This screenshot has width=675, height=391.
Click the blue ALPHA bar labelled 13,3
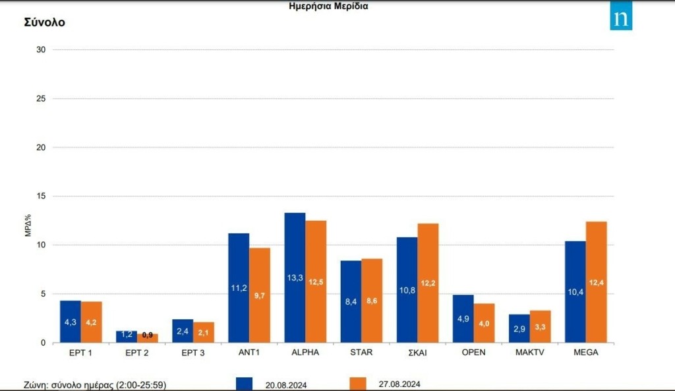click(295, 277)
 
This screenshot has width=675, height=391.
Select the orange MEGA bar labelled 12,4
click(596, 282)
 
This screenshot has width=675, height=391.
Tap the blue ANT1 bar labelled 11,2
click(239, 287)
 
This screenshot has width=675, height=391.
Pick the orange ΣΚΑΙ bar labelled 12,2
click(428, 283)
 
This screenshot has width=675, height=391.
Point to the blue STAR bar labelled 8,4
click(351, 301)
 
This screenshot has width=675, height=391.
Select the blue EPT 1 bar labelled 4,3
click(71, 321)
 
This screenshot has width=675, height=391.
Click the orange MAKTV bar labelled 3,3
click(540, 326)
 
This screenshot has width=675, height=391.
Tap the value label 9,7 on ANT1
click(260, 296)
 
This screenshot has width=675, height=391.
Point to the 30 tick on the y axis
click(41, 50)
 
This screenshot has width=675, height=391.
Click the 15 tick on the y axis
click(41, 196)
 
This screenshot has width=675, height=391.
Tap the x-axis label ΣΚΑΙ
click(417, 353)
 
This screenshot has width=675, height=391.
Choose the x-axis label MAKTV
click(529, 353)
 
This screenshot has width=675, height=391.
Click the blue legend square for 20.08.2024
click(243, 384)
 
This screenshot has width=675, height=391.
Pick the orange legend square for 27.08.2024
click(357, 384)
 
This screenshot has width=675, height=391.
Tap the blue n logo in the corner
click(620, 18)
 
